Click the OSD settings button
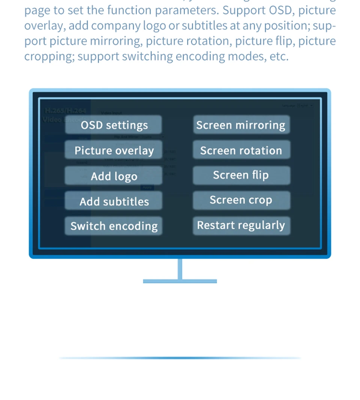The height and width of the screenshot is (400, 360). (114, 125)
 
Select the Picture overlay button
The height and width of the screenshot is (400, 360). (114, 150)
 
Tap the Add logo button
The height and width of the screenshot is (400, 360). (114, 176)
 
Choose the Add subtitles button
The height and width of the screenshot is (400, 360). (114, 201)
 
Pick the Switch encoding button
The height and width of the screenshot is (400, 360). (114, 226)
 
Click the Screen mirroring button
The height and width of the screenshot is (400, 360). (241, 125)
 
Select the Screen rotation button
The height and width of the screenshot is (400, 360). (241, 150)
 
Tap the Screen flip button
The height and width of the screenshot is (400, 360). (241, 175)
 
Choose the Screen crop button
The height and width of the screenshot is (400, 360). (241, 200)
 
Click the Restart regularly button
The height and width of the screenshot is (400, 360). (241, 225)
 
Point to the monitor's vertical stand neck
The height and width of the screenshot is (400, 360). (180, 269)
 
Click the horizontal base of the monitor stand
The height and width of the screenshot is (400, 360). (180, 281)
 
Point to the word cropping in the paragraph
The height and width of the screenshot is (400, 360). (49, 57)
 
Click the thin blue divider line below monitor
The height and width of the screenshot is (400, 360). (180, 358)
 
